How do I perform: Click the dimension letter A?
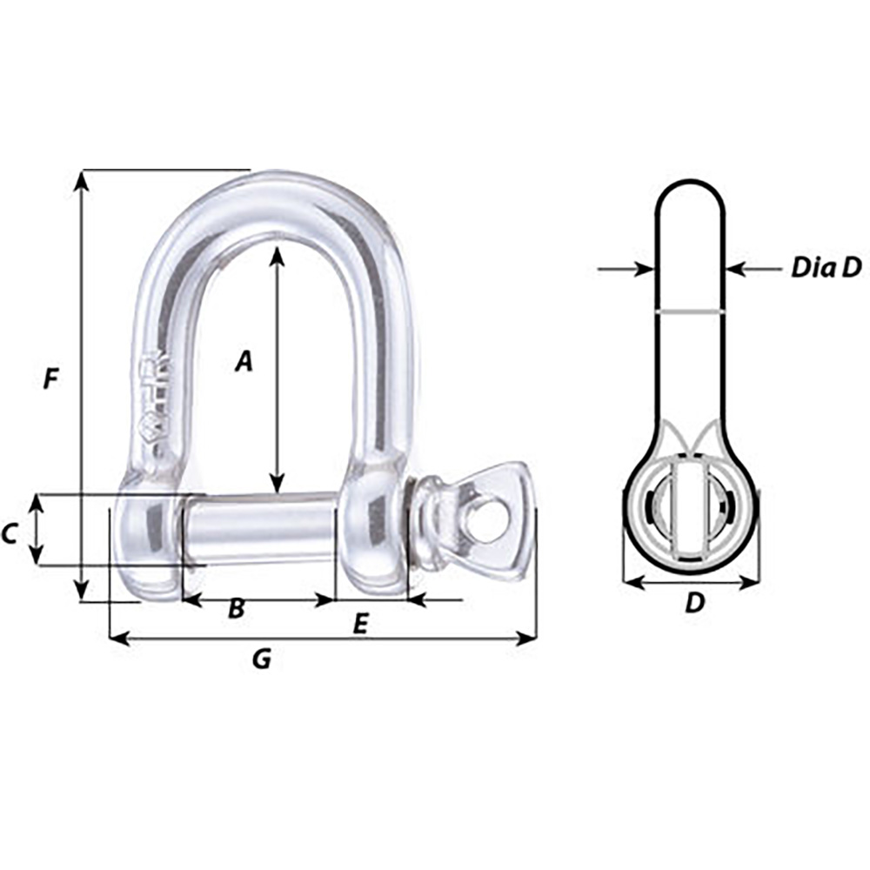pyautogui.click(x=244, y=361)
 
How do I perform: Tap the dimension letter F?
pyautogui.click(x=52, y=379)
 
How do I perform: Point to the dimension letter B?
pyautogui.click(x=236, y=609)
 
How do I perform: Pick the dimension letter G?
pyautogui.click(x=261, y=660)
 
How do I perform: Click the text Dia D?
pyautogui.click(x=825, y=268)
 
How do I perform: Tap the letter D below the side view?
pyautogui.click(x=693, y=602)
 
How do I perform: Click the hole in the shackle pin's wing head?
pyautogui.click(x=489, y=521)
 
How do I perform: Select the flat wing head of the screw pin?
pyautogui.click(x=500, y=522)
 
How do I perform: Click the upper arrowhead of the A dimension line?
pyautogui.click(x=277, y=255)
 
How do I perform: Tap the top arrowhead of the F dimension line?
pyautogui.click(x=82, y=179)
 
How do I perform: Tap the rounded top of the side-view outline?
pyautogui.click(x=689, y=184)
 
